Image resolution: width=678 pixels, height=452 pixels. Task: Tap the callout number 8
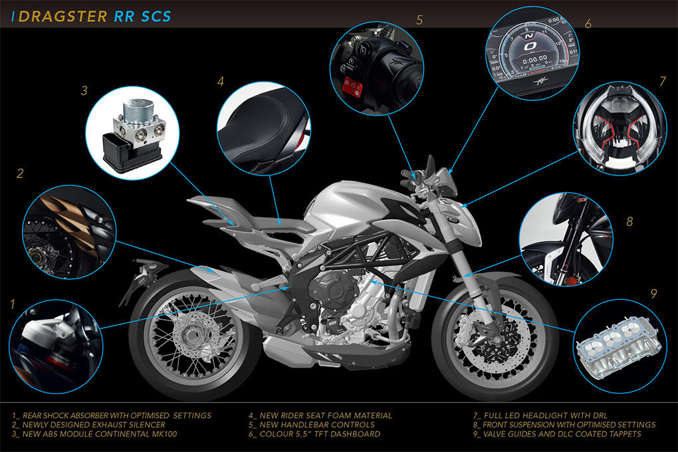[629, 221]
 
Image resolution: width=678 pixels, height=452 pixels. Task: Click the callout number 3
[84, 91]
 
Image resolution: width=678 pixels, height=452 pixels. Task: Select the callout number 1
[12, 304]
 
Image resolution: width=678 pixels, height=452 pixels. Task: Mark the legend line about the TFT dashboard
[314, 434]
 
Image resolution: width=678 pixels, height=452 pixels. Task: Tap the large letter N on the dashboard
[528, 41]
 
